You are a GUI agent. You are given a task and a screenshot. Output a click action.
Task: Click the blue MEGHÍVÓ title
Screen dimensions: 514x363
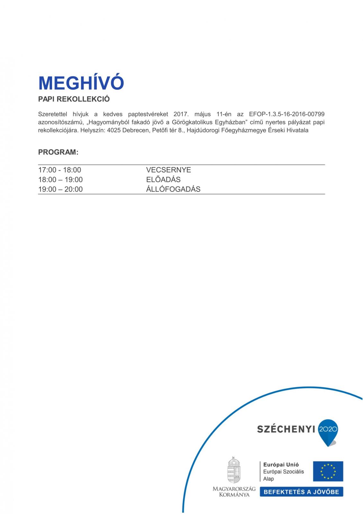(81, 83)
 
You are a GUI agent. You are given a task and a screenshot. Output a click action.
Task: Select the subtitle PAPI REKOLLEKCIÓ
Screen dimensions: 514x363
(74, 99)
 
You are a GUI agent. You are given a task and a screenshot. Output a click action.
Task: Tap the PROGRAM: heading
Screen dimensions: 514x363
(58, 152)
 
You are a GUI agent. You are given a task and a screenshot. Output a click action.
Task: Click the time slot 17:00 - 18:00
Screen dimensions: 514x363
(59, 170)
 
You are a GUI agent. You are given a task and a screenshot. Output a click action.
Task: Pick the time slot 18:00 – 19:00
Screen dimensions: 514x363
(60, 180)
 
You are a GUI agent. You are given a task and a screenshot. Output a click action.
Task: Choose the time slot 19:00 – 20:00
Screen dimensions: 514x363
(60, 189)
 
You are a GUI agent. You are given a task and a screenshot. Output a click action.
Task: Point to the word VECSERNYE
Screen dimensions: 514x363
(168, 170)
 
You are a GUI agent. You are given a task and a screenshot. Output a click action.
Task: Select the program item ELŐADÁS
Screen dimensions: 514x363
(163, 180)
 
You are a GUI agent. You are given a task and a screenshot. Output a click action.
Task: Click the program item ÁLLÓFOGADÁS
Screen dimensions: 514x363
(173, 189)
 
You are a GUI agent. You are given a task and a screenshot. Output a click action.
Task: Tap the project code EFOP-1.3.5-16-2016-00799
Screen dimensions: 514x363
(287, 114)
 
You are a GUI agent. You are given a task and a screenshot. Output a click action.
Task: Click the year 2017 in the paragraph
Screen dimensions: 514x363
(181, 114)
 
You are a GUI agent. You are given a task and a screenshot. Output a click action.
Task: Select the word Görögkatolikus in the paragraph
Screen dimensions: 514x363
(190, 122)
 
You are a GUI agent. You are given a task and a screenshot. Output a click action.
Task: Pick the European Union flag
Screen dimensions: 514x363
(328, 471)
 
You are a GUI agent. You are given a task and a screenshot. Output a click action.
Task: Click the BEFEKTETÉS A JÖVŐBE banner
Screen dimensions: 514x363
(301, 492)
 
